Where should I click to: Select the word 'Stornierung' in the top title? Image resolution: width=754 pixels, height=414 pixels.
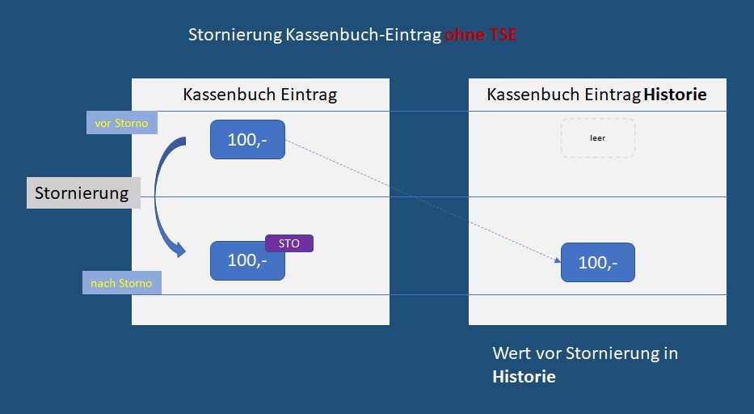point(234,36)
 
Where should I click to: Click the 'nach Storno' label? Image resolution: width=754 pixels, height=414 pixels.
point(122,283)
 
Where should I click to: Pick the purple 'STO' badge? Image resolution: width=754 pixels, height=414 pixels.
point(289,243)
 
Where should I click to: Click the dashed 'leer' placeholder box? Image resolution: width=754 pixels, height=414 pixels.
point(597,137)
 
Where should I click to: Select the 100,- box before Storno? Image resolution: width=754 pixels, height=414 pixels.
point(247,140)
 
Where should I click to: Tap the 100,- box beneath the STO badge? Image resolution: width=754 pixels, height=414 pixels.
point(247,261)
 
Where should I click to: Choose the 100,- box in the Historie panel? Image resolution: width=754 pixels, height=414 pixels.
point(598,262)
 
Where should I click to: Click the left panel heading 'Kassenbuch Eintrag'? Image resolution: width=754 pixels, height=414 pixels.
point(259,95)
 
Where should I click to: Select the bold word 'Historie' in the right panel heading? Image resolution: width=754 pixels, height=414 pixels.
point(675,95)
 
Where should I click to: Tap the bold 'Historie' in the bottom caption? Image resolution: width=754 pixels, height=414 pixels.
point(524,377)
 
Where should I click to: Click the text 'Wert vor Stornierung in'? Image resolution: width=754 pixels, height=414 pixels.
point(585,353)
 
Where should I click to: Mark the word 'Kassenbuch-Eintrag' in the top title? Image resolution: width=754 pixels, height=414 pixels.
point(363,36)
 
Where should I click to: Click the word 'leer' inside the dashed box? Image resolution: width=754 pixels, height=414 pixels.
point(597,138)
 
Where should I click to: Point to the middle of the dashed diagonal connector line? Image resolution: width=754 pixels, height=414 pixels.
point(422,201)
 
